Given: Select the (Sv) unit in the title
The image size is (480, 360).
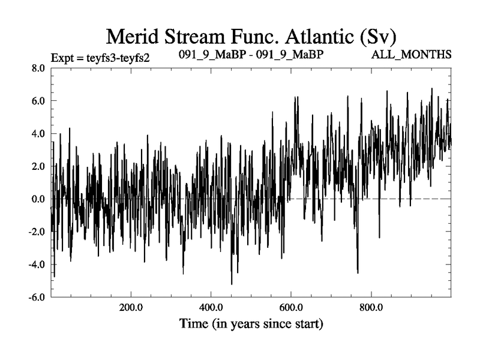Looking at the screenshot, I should coord(377,37).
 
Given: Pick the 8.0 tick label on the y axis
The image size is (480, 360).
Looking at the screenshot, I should coord(38,68).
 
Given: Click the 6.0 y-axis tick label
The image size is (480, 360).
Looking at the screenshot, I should coord(38,101).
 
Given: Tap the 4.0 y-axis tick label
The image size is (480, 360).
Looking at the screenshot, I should coord(38,134).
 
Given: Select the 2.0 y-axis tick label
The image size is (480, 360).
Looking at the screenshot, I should coord(38,166).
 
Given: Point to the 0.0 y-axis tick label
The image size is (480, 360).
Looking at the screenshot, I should coord(38,199).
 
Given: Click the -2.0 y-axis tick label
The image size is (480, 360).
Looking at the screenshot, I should coord(37,232).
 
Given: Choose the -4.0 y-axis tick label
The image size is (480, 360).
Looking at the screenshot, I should coord(37,264).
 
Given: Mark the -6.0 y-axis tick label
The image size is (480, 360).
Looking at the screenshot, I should coord(37,296).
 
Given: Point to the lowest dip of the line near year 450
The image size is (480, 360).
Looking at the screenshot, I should coord(232,284).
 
